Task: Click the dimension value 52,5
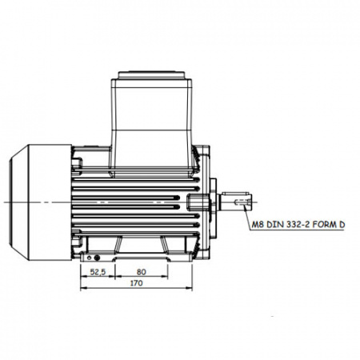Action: coord(98,272)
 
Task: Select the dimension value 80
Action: coord(142,272)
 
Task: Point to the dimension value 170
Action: coord(136,283)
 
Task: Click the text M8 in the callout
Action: coord(258,225)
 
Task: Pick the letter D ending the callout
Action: coord(342,225)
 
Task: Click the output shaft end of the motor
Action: coord(236,202)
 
